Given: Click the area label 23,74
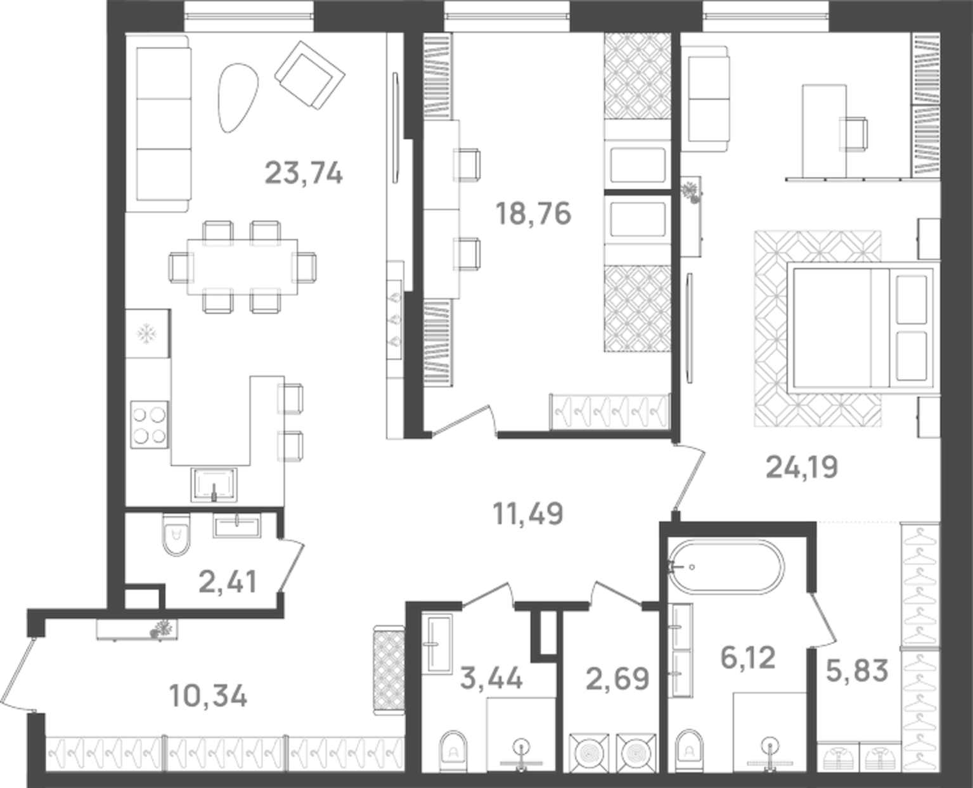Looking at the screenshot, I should pos(304,173).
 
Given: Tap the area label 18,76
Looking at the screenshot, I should pos(533,214).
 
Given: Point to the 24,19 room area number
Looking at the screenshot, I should pos(802,468).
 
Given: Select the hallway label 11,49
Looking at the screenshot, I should pos(528,513).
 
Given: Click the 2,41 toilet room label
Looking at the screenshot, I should pos(228,582).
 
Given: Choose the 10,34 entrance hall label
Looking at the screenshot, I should pos(209,696).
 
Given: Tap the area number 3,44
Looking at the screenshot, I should pos(492,678).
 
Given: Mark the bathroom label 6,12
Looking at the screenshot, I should pos(748,657).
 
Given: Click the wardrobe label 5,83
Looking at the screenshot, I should pos(857,670).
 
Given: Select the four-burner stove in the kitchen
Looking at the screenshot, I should pos(150,425).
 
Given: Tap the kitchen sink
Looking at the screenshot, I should pos(214,485).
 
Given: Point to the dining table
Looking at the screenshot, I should pos(243,267).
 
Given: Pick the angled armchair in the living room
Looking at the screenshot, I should pos(309,75).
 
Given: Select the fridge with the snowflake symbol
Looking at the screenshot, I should pos(147,333).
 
